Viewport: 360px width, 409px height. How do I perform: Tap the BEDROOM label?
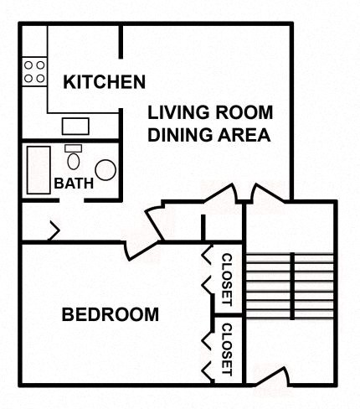tap(111, 315)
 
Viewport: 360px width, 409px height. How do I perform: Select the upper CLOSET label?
tap(226, 279)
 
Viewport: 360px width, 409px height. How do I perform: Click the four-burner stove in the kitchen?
tap(33, 70)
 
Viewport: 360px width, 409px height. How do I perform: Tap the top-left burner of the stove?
tap(28, 64)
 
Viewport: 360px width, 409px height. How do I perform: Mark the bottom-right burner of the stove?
tap(39, 77)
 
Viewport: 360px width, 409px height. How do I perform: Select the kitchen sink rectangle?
tap(75, 127)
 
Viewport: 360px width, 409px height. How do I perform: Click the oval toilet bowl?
tap(74, 162)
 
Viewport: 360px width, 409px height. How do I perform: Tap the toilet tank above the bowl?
tap(72, 148)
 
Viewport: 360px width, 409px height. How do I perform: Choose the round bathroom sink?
tap(105, 169)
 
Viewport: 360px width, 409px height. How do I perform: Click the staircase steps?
tap(291, 286)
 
